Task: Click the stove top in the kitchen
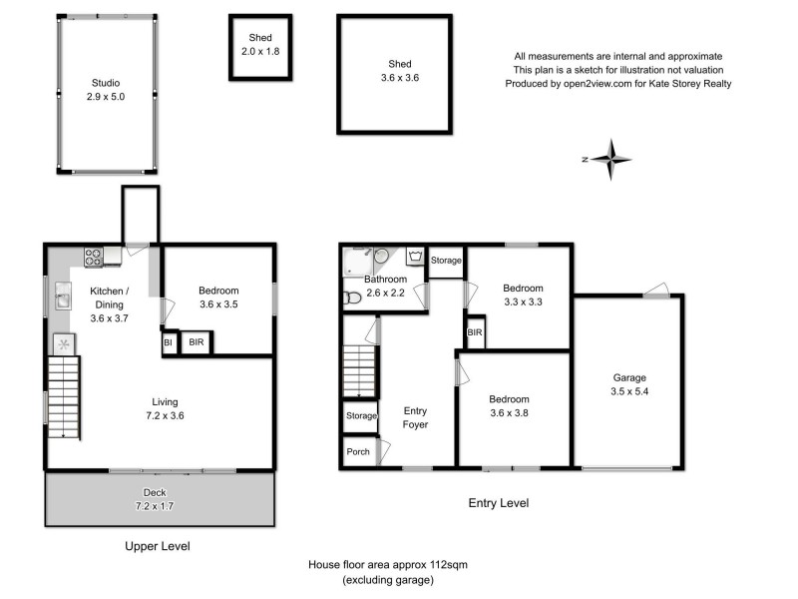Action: tap(94, 257)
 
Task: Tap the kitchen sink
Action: tap(63, 297)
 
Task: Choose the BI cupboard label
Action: tap(168, 342)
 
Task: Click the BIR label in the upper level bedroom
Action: tap(197, 342)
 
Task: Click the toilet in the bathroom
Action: tap(351, 298)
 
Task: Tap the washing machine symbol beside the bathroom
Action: tap(414, 256)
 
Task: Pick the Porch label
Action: tap(358, 451)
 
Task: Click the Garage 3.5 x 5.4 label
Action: tap(629, 385)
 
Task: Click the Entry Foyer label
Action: tap(415, 417)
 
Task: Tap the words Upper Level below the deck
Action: tap(158, 546)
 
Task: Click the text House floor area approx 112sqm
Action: tap(387, 565)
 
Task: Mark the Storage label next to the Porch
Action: tap(361, 415)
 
